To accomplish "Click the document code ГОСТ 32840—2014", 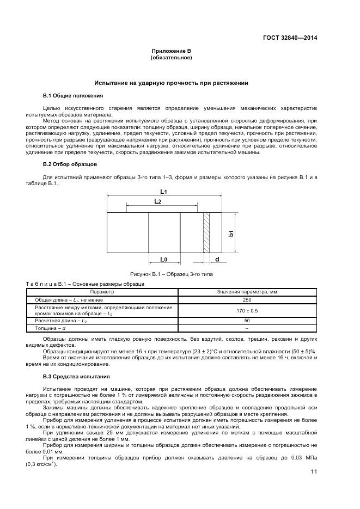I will pyautogui.click(x=290, y=38).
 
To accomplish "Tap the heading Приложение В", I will pyautogui.click(x=172, y=51).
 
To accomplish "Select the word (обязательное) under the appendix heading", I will pyautogui.click(x=172, y=58).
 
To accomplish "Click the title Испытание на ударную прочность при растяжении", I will pyautogui.click(x=172, y=83).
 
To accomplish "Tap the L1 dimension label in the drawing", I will pyautogui.click(x=164, y=192).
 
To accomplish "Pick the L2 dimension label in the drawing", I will pyautogui.click(x=157, y=201).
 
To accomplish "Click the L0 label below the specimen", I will pyautogui.click(x=164, y=259).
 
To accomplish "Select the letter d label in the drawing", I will pyautogui.click(x=217, y=259).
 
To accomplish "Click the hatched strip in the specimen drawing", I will pyautogui.click(x=206, y=232).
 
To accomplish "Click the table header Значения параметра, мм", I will pyautogui.click(x=247, y=292).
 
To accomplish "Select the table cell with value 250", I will pyautogui.click(x=247, y=300).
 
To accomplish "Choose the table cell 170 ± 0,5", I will pyautogui.click(x=247, y=310).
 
